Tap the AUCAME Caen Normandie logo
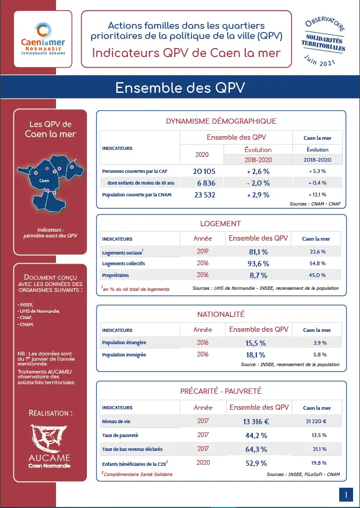click(49, 446)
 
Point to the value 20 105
click(204, 171)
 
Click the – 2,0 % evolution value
click(258, 183)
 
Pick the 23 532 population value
click(204, 195)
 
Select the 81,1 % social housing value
click(259, 251)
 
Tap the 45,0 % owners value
click(318, 275)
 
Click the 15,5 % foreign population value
click(259, 343)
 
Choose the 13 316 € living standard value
click(259, 422)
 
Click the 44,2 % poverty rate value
click(259, 435)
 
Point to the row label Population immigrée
click(124, 354)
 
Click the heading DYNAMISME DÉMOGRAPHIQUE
click(221, 121)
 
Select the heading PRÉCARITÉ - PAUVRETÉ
click(221, 391)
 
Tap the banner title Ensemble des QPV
click(180, 88)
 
